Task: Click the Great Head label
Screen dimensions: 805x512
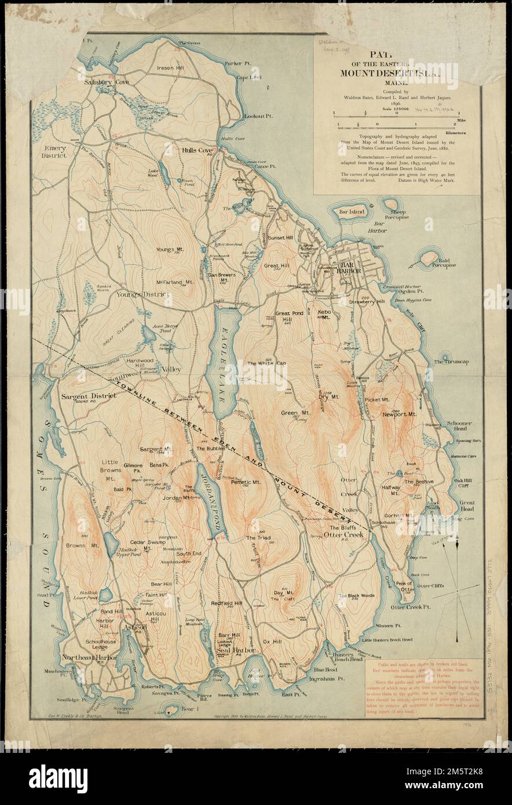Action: (x=466, y=507)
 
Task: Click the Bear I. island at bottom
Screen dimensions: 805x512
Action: (x=172, y=708)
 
